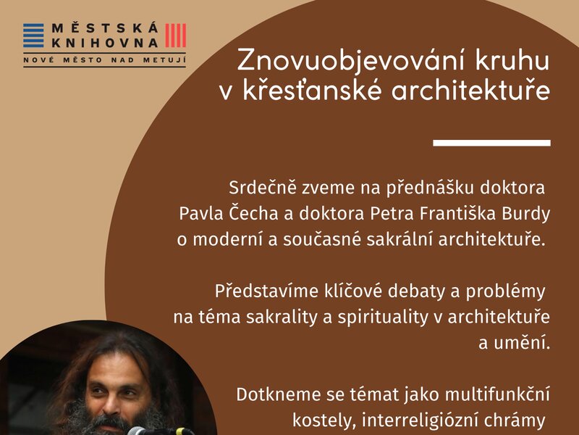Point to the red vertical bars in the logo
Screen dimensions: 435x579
pyautogui.click(x=175, y=36)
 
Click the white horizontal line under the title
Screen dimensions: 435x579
pyautogui.click(x=491, y=143)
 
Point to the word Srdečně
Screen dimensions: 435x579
pyautogui.click(x=255, y=189)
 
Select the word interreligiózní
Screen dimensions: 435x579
pyautogui.click(x=418, y=420)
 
